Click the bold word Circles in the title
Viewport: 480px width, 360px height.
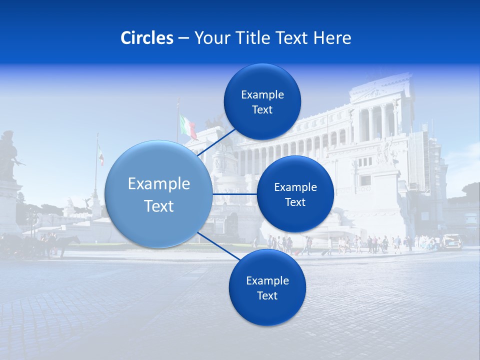coord(147,38)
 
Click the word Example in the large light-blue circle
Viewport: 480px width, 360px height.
coord(159,184)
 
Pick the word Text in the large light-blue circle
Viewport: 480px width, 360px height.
coord(159,206)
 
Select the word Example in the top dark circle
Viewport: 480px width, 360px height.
coord(262,95)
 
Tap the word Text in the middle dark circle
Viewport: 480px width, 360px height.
coord(295,202)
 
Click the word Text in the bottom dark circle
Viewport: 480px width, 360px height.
coord(267,296)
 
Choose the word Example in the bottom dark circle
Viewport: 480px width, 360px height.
coord(267,281)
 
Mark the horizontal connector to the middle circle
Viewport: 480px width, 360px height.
coord(234,194)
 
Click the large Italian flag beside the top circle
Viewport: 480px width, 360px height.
coord(188,126)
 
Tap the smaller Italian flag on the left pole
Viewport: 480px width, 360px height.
coord(101,154)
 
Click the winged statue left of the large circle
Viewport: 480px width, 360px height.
coord(88,203)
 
